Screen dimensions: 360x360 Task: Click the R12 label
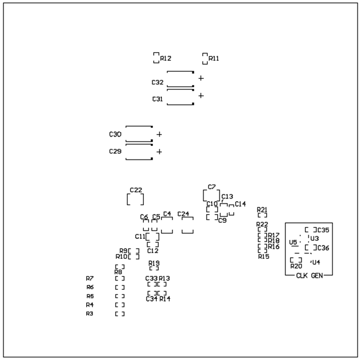pyautogui.click(x=166, y=58)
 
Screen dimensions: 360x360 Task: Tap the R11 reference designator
pyautogui.click(x=214, y=58)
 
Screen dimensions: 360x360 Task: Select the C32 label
pyautogui.click(x=157, y=83)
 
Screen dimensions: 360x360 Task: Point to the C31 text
pyautogui.click(x=157, y=99)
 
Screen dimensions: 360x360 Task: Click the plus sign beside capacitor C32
pyautogui.click(x=201, y=78)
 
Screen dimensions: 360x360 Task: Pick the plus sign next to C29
pyautogui.click(x=159, y=152)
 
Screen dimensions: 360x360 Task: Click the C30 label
pyautogui.click(x=115, y=134)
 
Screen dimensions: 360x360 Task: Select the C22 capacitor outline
pyautogui.click(x=135, y=199)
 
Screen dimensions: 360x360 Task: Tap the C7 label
pyautogui.click(x=211, y=186)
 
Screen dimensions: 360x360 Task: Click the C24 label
pyautogui.click(x=183, y=214)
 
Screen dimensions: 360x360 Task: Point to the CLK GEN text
pyautogui.click(x=309, y=276)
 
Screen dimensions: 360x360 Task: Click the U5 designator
pyautogui.click(x=293, y=242)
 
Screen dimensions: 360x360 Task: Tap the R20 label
pyautogui.click(x=296, y=266)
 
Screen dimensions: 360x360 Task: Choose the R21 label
pyautogui.click(x=262, y=209)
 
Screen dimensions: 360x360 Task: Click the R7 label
pyautogui.click(x=90, y=279)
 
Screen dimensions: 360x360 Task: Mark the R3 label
pyautogui.click(x=90, y=314)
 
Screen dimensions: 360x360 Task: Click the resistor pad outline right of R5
pyautogui.click(x=120, y=296)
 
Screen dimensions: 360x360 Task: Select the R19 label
pyautogui.click(x=154, y=263)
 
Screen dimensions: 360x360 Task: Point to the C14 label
pyautogui.click(x=240, y=204)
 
